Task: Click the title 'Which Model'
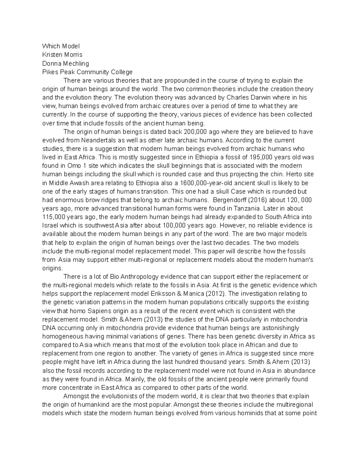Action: tap(61, 46)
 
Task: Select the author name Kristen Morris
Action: tap(62, 55)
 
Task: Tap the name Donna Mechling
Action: tap(65, 63)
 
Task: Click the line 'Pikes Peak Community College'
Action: tap(87, 72)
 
